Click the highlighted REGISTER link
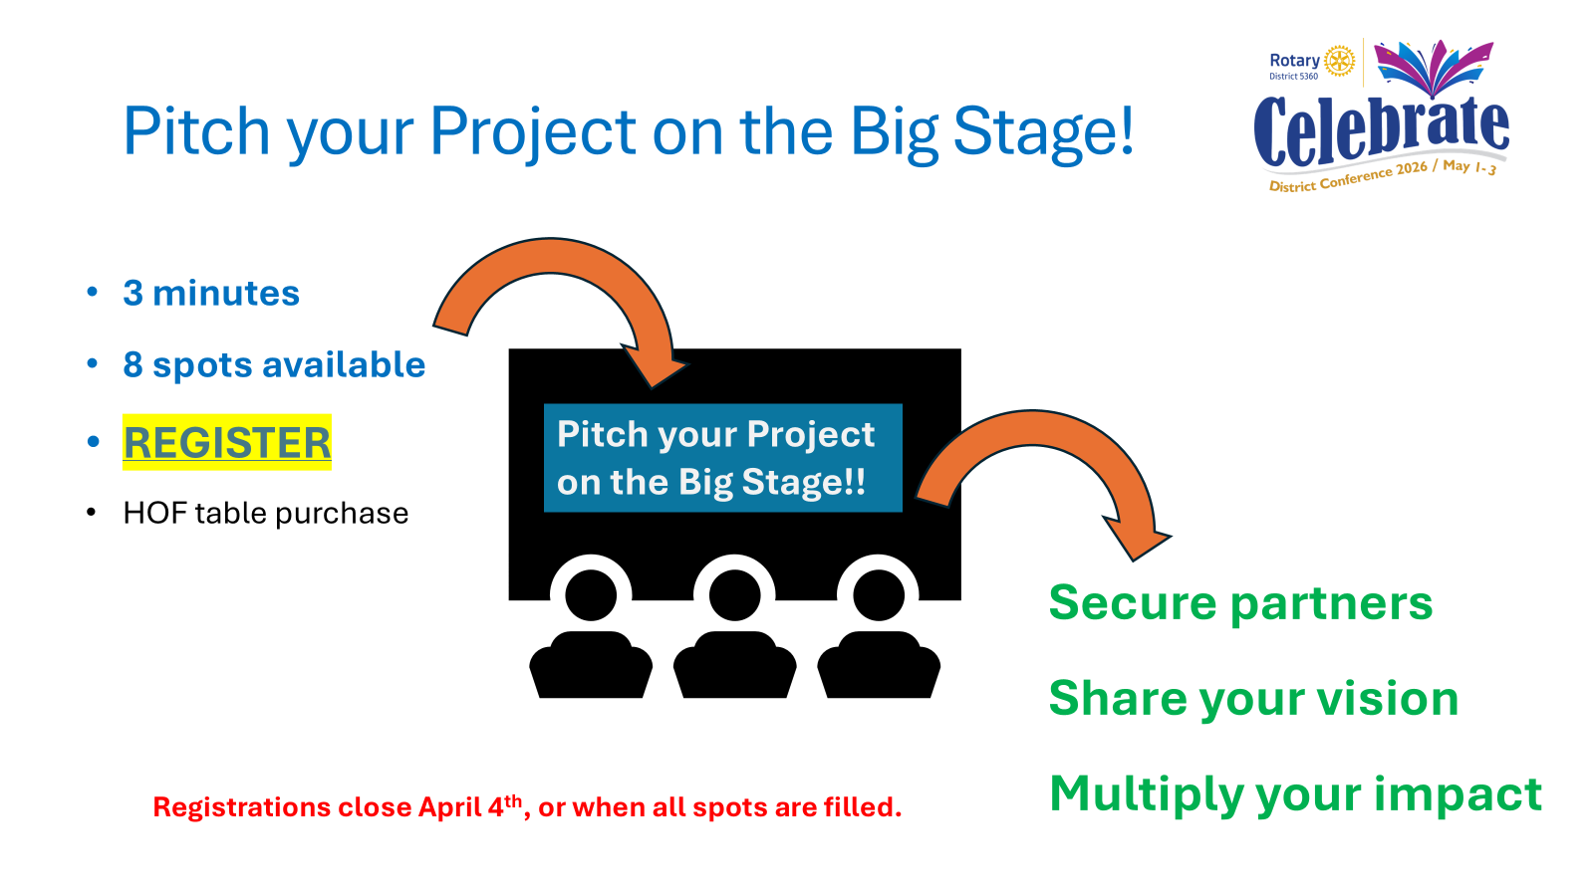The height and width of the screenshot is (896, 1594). click(x=227, y=442)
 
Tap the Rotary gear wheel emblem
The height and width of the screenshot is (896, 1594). click(x=1339, y=61)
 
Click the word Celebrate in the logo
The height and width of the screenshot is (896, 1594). click(x=1381, y=130)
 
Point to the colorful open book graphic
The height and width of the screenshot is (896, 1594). click(x=1434, y=68)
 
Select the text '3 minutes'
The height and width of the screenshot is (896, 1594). click(x=211, y=293)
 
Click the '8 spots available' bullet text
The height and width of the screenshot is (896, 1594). click(x=274, y=364)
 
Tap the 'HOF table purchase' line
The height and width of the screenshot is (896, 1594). click(x=265, y=513)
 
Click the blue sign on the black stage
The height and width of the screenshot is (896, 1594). click(x=723, y=458)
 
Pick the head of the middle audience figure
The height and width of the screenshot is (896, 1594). click(x=734, y=595)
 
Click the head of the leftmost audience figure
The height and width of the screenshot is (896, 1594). click(x=591, y=595)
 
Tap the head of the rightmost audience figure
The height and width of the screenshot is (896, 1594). click(x=879, y=595)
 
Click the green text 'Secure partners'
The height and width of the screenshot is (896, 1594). click(x=1240, y=603)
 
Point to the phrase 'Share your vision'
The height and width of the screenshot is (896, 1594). click(x=1253, y=699)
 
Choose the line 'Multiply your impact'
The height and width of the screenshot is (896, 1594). click(x=1295, y=794)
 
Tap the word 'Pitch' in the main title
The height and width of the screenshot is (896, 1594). click(x=196, y=130)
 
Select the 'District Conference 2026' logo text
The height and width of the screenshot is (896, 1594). click(x=1349, y=176)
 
